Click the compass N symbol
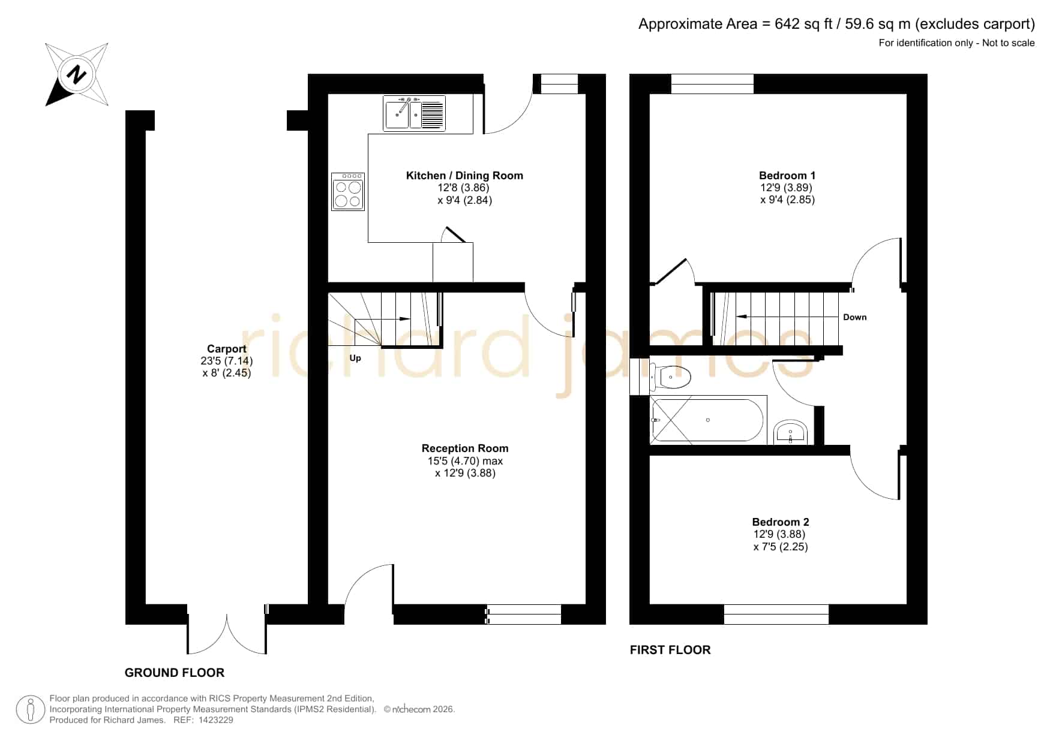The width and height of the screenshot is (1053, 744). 77,75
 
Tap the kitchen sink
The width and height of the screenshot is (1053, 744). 415,113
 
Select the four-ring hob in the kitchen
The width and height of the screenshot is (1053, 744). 348,192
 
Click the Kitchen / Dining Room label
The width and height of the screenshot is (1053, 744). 464,176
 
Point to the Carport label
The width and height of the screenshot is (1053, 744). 227,349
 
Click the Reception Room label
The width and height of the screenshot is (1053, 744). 465,448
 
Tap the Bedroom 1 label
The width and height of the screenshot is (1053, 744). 787,176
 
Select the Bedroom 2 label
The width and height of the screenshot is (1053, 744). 781,522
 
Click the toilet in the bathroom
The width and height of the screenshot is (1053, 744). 671,377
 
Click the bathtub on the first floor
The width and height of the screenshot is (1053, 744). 708,420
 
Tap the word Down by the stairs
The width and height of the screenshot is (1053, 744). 854,317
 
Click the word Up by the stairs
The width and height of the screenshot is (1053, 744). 355,358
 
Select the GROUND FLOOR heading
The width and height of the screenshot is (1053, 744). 175,673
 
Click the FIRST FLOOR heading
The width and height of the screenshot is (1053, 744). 670,650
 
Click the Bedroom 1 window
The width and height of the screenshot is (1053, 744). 712,84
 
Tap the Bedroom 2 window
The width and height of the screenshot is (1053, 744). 776,615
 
